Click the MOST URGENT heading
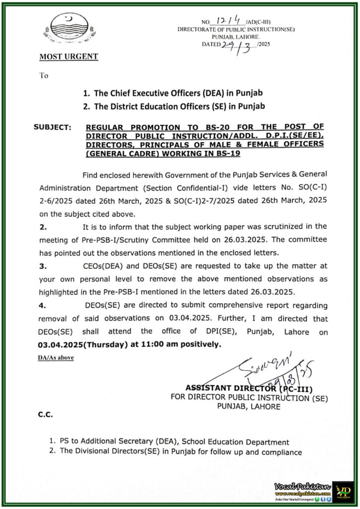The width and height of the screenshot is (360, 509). (x=68, y=57)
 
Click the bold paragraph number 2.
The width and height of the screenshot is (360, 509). (x=43, y=227)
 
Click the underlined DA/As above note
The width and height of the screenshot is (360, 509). (x=55, y=357)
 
